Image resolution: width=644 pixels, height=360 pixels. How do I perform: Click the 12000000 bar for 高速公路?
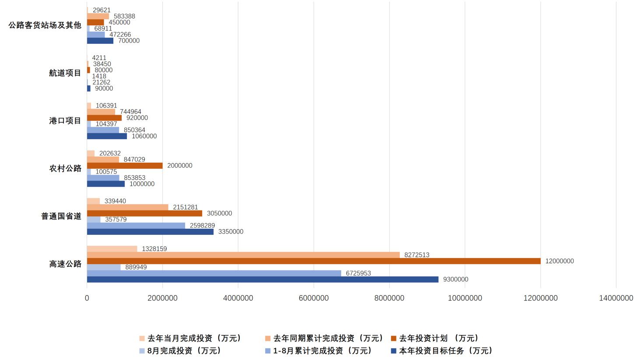pos(314,261)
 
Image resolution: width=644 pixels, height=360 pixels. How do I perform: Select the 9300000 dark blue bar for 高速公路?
pos(262,280)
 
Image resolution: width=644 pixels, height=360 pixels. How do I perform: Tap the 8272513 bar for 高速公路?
pos(243,255)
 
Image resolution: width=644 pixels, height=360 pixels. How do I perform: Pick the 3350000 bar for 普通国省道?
pos(150,232)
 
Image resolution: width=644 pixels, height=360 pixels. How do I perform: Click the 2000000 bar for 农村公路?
pos(125,166)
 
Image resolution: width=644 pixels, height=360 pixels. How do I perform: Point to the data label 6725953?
pos(358,273)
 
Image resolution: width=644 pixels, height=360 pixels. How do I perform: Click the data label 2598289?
pos(202,226)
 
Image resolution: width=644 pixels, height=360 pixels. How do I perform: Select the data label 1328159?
pos(154,249)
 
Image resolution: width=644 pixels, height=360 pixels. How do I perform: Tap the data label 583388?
pos(124,16)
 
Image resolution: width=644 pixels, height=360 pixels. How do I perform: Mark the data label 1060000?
pos(144,136)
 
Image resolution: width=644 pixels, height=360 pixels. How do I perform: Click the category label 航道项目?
pos(65,73)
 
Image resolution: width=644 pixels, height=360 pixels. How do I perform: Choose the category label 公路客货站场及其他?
pos(45,25)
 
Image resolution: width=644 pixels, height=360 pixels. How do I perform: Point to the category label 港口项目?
pos(65,121)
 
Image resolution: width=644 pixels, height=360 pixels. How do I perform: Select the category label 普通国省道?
pos(61,216)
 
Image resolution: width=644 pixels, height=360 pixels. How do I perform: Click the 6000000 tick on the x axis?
pos(314,298)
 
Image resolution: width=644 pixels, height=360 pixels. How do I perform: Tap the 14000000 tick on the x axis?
pos(616,298)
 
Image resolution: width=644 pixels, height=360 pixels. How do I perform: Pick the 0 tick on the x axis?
pos(87,298)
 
